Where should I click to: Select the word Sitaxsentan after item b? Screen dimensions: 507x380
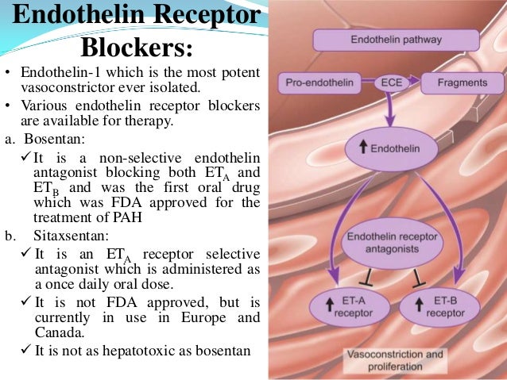[60, 236]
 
